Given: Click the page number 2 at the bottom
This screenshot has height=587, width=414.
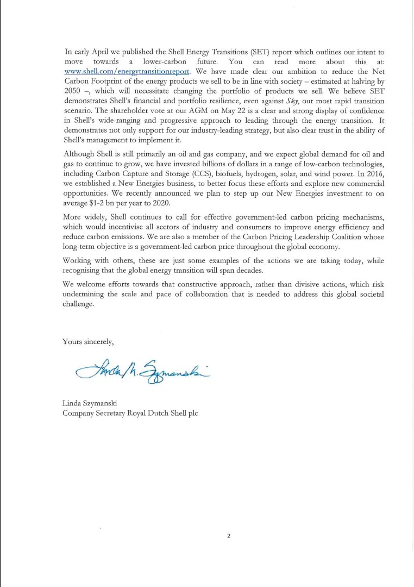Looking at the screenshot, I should pyautogui.click(x=229, y=536).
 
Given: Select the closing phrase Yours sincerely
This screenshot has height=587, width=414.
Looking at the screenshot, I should pyautogui.click(x=88, y=341).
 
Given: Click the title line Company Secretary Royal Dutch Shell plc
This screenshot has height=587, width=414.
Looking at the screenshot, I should pyautogui.click(x=130, y=413).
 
